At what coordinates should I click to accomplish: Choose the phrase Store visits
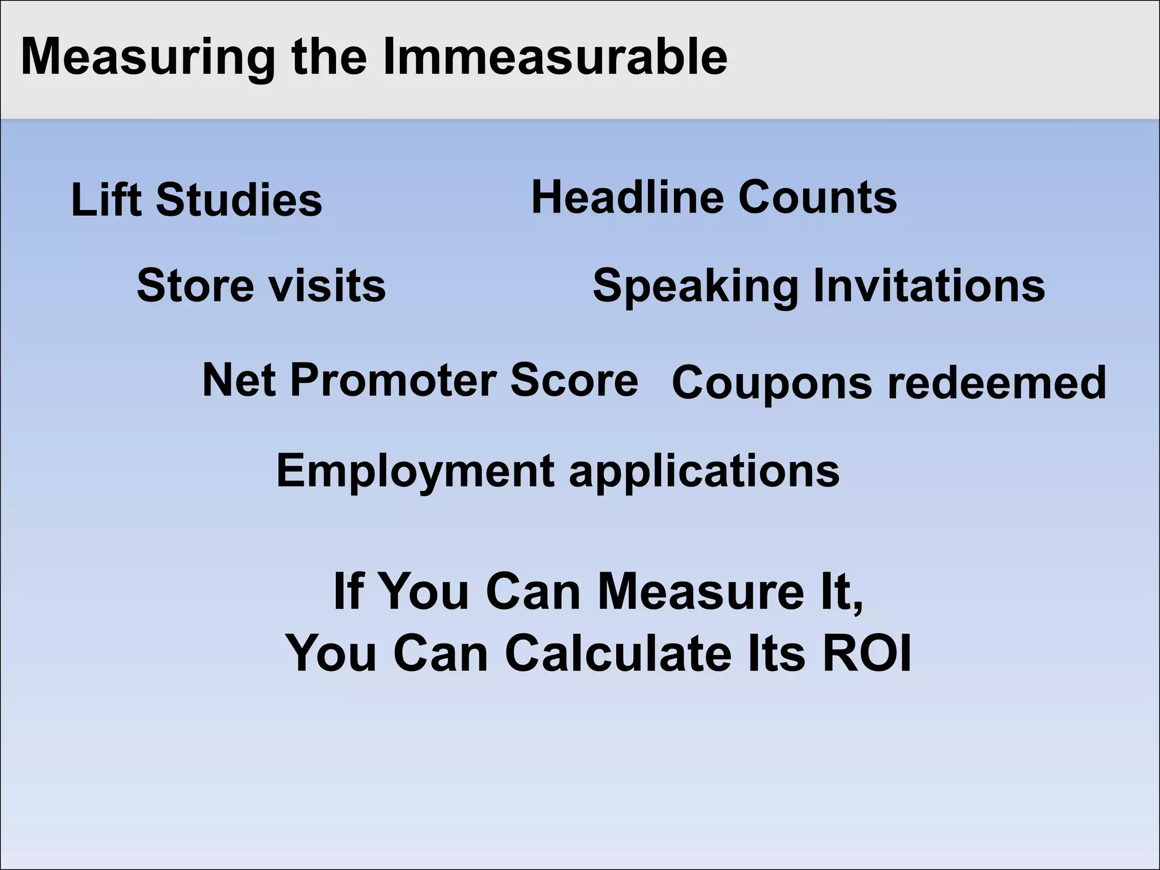(x=261, y=285)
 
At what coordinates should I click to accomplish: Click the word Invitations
(x=929, y=285)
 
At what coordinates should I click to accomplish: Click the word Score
(x=574, y=379)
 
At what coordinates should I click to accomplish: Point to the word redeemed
(x=996, y=383)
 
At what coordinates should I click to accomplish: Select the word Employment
(x=415, y=471)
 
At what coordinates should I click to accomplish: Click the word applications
(x=704, y=471)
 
